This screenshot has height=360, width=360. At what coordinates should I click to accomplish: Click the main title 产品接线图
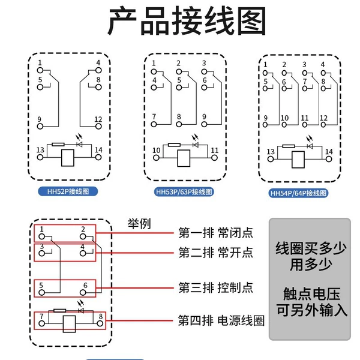point(187,21)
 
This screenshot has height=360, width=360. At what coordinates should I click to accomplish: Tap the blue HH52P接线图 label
point(68,191)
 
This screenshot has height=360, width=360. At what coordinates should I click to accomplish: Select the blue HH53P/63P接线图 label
point(184,192)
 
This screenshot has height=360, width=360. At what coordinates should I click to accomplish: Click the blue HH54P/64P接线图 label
point(298,193)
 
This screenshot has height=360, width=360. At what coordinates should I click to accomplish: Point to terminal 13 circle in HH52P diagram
point(40,157)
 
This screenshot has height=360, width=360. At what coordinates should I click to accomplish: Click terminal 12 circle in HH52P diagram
point(98,126)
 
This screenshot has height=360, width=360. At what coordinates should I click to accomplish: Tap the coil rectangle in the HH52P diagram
point(68,158)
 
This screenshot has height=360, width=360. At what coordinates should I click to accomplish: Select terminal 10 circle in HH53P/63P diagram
point(157,158)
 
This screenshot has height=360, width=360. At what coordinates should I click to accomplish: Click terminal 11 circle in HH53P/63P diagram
point(214,158)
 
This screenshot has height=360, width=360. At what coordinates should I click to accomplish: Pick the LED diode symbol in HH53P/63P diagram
point(196,145)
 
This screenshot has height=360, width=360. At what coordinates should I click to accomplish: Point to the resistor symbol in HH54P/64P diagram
point(289,146)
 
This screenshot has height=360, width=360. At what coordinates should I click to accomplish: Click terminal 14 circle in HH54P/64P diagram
point(329,159)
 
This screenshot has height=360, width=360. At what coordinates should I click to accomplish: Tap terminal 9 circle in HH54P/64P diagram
point(265,125)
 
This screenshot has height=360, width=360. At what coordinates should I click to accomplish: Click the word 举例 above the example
point(139,224)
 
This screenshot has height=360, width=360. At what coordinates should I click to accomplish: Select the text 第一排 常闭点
point(216,233)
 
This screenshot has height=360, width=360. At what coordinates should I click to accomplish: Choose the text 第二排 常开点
point(216,253)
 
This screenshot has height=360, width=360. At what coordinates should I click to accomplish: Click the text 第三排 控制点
point(216,287)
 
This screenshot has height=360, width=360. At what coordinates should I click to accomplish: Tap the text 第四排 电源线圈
point(221,320)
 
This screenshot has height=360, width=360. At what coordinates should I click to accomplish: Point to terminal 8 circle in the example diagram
point(100,323)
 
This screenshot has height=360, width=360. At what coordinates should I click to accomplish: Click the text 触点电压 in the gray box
point(311,294)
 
